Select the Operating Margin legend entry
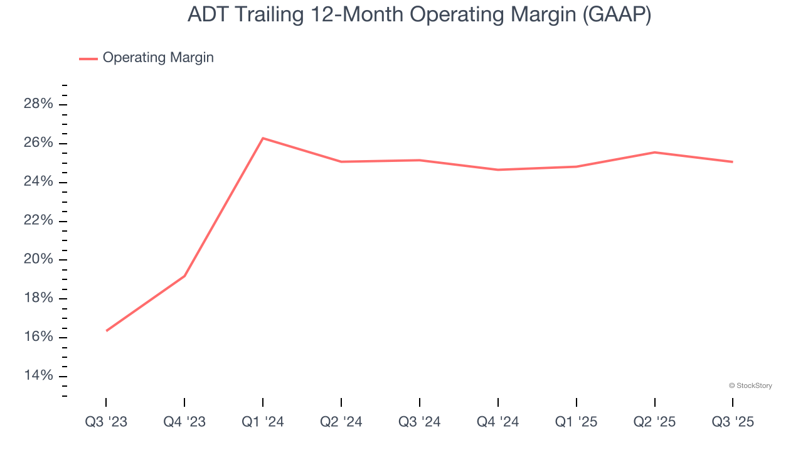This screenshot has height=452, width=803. (157, 58)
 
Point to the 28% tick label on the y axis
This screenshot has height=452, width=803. (38, 104)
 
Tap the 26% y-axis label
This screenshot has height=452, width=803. (38, 143)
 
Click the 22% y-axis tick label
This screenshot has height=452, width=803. (38, 221)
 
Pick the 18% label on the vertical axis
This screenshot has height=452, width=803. (38, 298)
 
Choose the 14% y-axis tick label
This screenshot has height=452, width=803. (38, 376)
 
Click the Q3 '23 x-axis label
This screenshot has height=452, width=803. (106, 422)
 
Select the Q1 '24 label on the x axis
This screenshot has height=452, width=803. (263, 422)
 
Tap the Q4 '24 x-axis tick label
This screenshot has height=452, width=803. (498, 422)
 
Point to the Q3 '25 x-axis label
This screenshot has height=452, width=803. (733, 422)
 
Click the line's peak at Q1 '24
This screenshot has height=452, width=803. (263, 138)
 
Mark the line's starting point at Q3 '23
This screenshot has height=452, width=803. (106, 331)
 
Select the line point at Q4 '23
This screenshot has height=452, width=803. (184, 276)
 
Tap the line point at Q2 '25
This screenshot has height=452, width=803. (654, 153)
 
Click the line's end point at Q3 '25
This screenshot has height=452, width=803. (733, 162)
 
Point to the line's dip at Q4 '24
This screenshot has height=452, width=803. (498, 169)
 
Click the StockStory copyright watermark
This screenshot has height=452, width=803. (750, 385)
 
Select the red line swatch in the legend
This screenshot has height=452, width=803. (88, 58)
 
